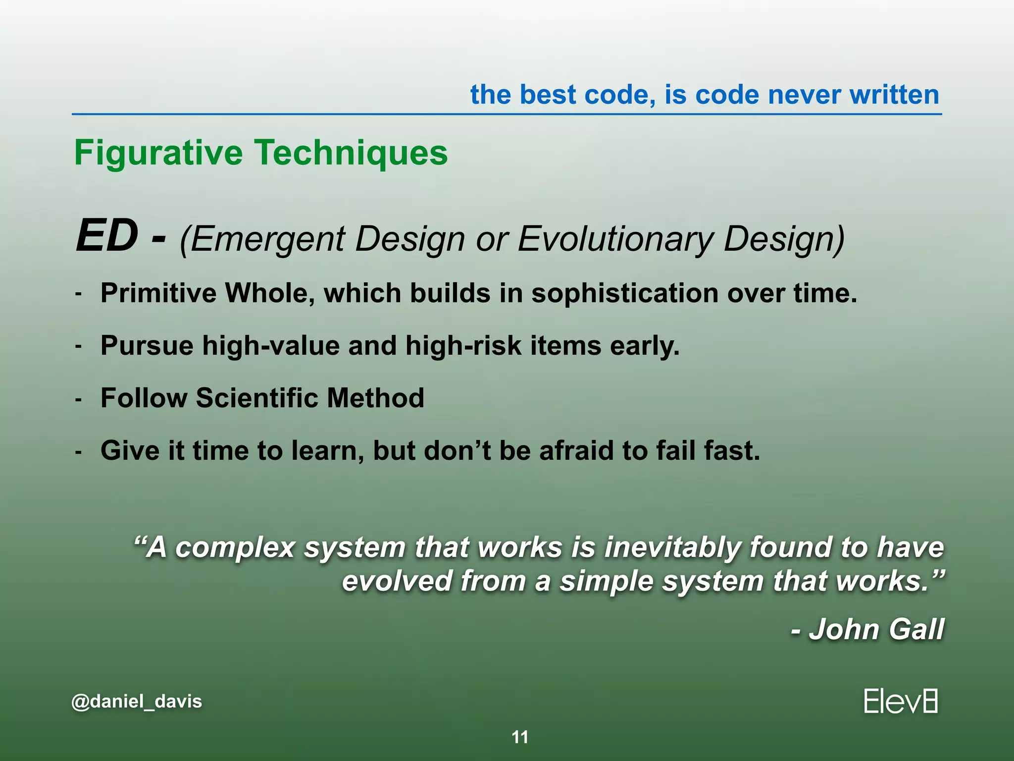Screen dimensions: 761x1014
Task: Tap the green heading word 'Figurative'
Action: pyautogui.click(x=158, y=153)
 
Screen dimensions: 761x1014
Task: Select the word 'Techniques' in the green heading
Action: pyautogui.click(x=351, y=153)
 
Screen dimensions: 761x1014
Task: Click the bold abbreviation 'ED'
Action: pyautogui.click(x=106, y=236)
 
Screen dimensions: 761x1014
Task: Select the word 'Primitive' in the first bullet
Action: pyautogui.click(x=158, y=293)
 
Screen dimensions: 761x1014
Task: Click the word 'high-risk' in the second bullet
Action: pyautogui.click(x=463, y=345)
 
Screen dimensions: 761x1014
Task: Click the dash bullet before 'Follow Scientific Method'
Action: pyautogui.click(x=78, y=399)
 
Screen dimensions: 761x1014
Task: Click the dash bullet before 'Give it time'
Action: pyautogui.click(x=78, y=452)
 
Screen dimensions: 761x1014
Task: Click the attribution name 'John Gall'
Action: pyautogui.click(x=876, y=629)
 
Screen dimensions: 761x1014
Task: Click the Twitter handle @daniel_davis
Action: pyautogui.click(x=137, y=702)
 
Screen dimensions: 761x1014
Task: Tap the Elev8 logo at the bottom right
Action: pyautogui.click(x=901, y=702)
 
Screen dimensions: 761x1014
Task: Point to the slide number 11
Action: pyautogui.click(x=520, y=737)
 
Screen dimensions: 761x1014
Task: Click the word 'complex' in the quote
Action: pyautogui.click(x=235, y=547)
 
